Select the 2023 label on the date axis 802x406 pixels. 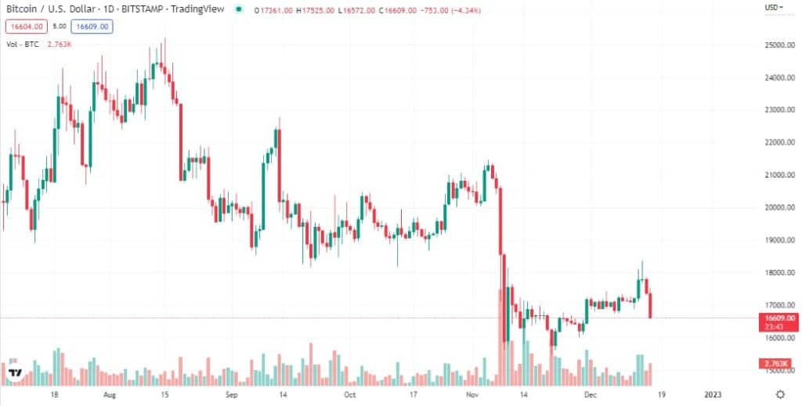pyautogui.click(x=714, y=395)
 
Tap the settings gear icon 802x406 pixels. pyautogui.click(x=780, y=394)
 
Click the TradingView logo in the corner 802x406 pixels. pyautogui.click(x=15, y=374)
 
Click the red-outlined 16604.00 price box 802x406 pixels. pyautogui.click(x=25, y=27)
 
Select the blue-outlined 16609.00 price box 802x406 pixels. pyautogui.click(x=92, y=27)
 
